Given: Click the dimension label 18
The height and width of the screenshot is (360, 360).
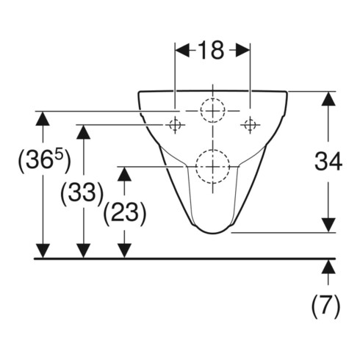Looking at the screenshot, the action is pos(211,51).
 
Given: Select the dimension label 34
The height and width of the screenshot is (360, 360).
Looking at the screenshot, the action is pos(328,161).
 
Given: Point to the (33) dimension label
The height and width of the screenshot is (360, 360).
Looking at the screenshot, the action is pos(82,193).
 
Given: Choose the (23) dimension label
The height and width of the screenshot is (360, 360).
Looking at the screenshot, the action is pos(125,214).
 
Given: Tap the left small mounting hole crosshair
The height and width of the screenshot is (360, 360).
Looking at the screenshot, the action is pos(175,125).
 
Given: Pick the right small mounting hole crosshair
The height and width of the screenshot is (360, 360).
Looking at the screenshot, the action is pos(250,125).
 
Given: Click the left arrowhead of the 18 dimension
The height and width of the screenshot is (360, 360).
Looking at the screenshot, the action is pos(182,50).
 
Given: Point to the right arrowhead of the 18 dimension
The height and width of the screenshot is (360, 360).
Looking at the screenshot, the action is pos(243,50).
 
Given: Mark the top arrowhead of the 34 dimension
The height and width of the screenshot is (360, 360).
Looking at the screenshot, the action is pos(328,99).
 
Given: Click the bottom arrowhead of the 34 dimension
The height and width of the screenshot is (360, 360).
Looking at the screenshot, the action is pos(328,225).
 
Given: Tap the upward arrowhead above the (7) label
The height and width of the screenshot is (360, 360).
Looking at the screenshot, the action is pos(328,267).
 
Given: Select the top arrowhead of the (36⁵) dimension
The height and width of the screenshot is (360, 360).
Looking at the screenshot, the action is pos(43,118).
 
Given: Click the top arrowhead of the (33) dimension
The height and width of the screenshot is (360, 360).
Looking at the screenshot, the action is pos(84,132).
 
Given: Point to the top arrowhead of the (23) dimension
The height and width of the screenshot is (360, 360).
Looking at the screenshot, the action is pos(124,174).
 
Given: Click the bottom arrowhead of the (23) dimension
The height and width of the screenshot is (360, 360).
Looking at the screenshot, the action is pos(124,251).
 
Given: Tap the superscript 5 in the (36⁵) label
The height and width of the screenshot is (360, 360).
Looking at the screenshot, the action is pos(59,155).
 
